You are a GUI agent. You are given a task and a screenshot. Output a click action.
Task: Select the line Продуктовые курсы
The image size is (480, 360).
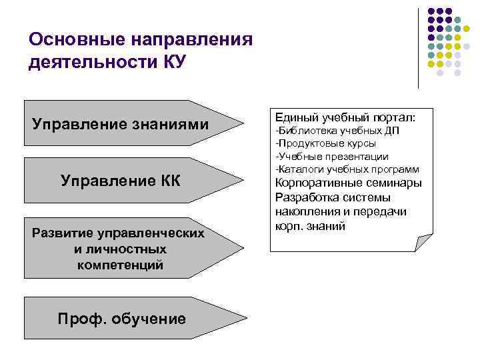pos(325,143)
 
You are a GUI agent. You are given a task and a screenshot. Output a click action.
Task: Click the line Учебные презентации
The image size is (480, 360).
pos(331,157)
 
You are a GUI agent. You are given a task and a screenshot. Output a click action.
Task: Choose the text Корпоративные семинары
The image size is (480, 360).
pos(348,183)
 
